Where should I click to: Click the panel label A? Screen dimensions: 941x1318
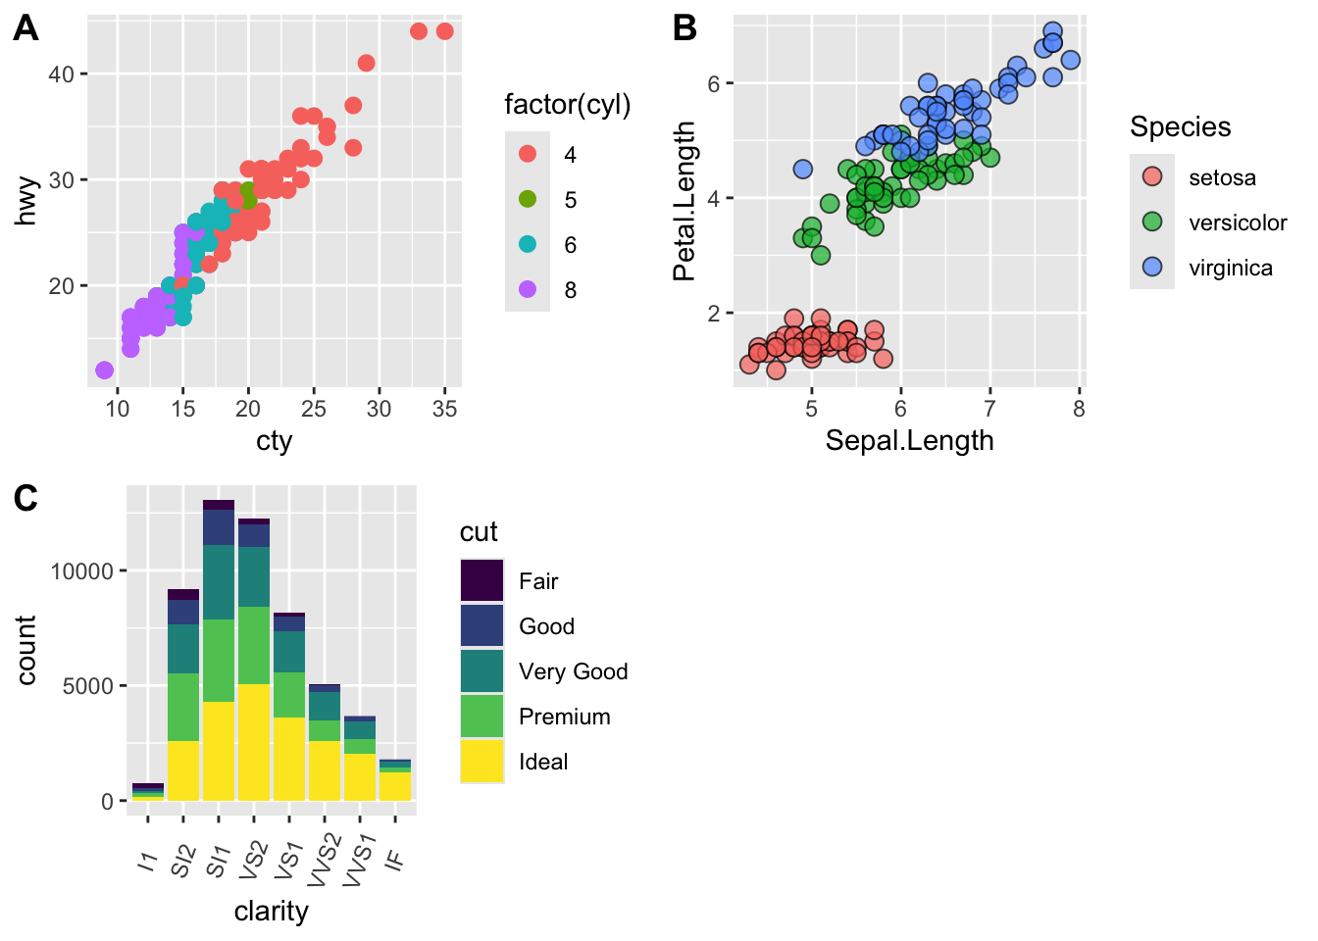click(25, 29)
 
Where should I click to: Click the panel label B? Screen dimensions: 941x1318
click(684, 29)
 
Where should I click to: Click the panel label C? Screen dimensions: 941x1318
click(25, 499)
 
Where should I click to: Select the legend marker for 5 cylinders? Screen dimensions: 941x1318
click(528, 199)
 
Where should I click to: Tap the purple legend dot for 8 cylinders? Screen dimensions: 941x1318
click(528, 289)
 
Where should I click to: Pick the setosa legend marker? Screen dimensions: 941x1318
click(1152, 177)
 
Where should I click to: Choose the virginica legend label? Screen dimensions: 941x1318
click(1230, 269)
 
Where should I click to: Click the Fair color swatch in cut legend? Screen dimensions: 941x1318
click(482, 581)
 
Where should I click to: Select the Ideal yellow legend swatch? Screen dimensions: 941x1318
click(482, 762)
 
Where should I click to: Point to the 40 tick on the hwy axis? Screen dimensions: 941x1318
click(61, 74)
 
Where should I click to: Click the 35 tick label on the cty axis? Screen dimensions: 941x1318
click(444, 409)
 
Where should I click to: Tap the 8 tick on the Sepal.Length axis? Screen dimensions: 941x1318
click(1079, 409)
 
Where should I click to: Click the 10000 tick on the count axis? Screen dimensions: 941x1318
click(82, 571)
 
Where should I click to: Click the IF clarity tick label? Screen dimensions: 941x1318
click(394, 860)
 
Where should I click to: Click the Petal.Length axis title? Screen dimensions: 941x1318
click(684, 201)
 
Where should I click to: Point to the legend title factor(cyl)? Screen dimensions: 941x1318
click(567, 105)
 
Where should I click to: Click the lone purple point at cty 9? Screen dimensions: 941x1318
click(105, 370)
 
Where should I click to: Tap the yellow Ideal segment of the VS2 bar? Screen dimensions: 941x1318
click(254, 742)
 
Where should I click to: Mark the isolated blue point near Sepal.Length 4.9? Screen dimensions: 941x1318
click(803, 169)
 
